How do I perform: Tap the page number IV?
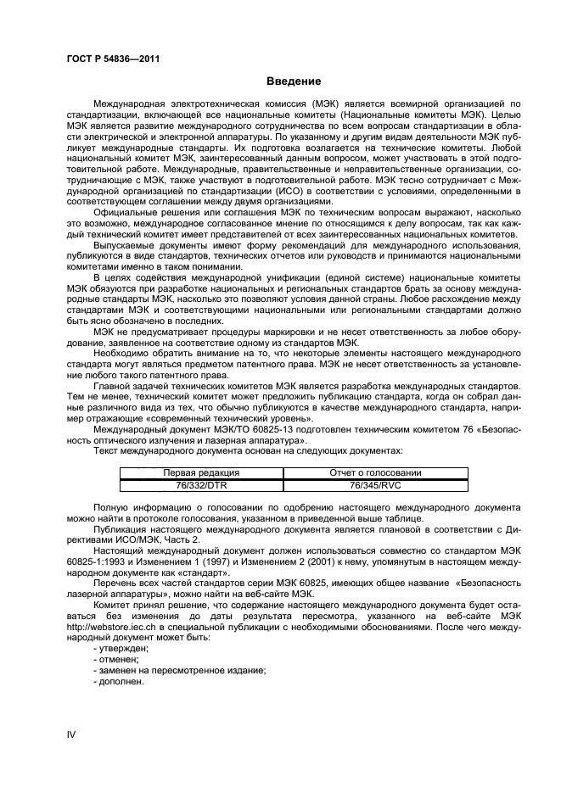pyautogui.click(x=71, y=734)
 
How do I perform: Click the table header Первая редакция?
pyautogui.click(x=201, y=472)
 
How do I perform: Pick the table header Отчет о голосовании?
pyautogui.click(x=375, y=472)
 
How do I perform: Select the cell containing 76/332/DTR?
pyautogui.click(x=201, y=484)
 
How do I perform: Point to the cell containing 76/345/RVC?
pyautogui.click(x=375, y=484)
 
